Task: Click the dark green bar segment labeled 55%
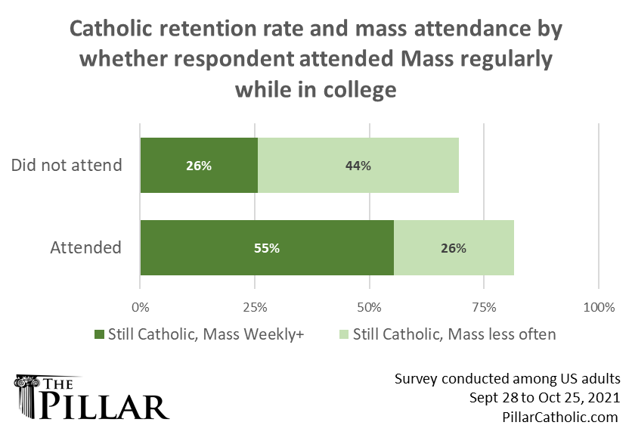tap(267, 248)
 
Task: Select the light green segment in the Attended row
tap(454, 248)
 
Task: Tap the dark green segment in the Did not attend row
tap(199, 166)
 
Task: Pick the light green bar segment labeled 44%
tap(358, 166)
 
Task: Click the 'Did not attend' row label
tap(67, 165)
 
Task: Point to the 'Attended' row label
tap(85, 247)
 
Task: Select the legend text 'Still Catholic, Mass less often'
tap(454, 334)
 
